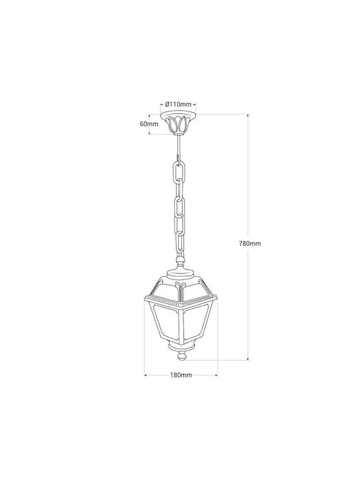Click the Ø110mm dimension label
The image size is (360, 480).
click(x=178, y=104)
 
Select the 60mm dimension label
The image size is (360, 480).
click(x=149, y=124)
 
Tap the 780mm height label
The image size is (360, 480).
click(x=250, y=244)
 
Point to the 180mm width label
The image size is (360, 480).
click(x=181, y=375)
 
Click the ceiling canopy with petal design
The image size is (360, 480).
click(x=178, y=123)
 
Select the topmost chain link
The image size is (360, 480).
click(x=178, y=172)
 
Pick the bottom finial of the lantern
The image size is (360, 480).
click(x=181, y=356)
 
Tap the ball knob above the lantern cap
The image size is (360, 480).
click(x=180, y=261)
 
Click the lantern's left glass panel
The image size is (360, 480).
click(x=165, y=323)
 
